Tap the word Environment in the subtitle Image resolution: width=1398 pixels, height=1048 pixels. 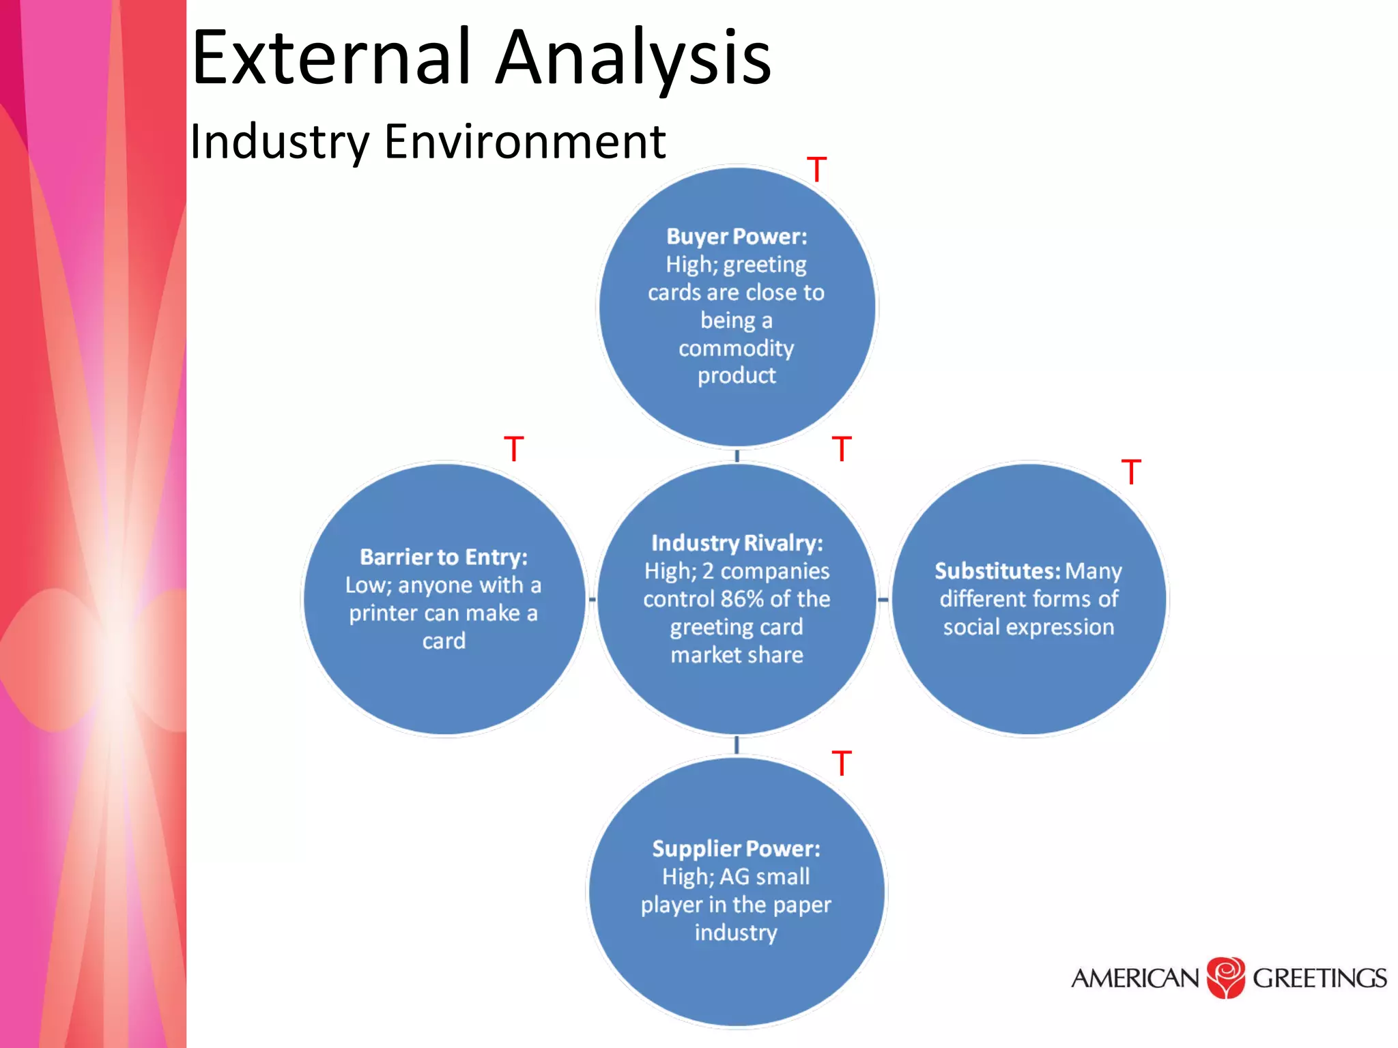click(525, 142)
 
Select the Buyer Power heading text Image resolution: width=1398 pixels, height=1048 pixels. click(737, 237)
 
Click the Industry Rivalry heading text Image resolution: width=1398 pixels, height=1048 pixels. click(737, 543)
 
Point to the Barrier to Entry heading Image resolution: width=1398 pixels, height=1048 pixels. click(444, 557)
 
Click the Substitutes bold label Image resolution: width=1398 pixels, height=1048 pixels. click(997, 571)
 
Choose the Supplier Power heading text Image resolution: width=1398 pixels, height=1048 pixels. click(736, 849)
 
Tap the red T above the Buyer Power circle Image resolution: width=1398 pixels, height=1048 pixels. click(816, 169)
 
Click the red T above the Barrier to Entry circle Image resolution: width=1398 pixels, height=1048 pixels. click(513, 449)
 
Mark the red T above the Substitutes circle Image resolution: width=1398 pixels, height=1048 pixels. click(1131, 472)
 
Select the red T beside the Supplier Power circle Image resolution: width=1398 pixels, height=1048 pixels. click(842, 763)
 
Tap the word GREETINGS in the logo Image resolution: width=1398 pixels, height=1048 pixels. click(1319, 978)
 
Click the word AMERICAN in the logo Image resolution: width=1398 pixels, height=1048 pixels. click(1135, 978)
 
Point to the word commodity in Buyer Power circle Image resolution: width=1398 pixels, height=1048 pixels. click(736, 349)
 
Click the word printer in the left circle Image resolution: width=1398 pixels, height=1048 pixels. click(383, 613)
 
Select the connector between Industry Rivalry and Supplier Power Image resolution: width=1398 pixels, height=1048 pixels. click(737, 745)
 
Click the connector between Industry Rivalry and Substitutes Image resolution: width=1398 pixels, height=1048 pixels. click(883, 600)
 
